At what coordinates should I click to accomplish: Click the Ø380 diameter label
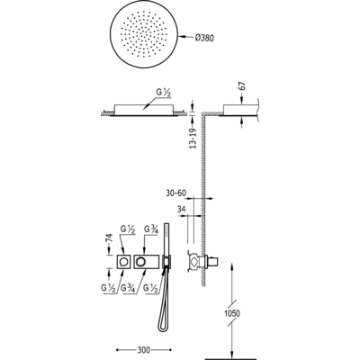coord(204,38)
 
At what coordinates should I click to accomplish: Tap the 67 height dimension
coord(243,86)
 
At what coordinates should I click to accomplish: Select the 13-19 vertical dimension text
coord(193,139)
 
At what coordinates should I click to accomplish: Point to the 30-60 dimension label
coord(175,193)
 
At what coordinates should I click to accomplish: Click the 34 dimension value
coord(182,210)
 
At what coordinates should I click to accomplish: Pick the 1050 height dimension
coord(232,313)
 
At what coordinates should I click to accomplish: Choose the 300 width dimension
coord(144,350)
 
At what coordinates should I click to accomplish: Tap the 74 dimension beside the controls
coord(109,238)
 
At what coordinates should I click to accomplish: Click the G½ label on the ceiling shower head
coord(163,93)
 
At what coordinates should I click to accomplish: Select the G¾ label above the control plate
coord(151,229)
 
